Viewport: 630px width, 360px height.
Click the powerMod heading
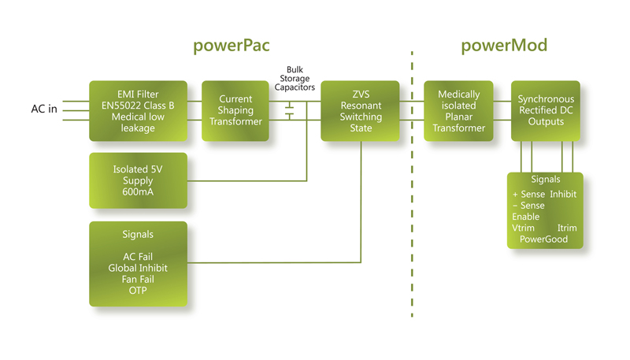[504, 46]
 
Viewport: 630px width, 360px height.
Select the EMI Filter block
[138, 110]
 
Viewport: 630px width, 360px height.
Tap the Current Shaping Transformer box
[235, 110]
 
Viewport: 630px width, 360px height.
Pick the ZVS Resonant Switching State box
[361, 110]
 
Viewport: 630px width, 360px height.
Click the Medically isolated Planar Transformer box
[459, 110]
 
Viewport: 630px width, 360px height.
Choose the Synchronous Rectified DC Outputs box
[545, 110]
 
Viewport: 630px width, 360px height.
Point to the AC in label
[43, 109]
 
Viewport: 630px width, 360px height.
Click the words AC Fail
[138, 257]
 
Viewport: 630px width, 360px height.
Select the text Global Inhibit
[138, 268]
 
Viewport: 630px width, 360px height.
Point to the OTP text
[138, 290]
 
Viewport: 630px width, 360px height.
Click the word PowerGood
[544, 239]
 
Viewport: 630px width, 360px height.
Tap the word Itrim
[567, 228]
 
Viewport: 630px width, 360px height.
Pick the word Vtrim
[523, 228]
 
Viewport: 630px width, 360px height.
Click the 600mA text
[138, 192]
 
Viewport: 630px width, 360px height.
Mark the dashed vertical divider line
[412, 197]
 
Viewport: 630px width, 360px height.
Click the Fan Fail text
[138, 279]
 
